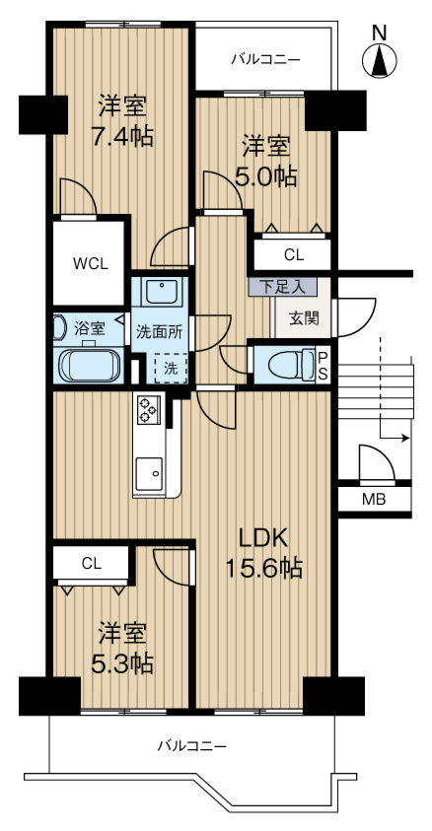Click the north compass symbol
(379, 61)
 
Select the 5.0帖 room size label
(265, 175)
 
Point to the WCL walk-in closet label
(90, 263)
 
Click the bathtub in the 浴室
(90, 365)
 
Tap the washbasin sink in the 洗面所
(163, 291)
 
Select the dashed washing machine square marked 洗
(171, 368)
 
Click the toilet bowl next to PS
(291, 365)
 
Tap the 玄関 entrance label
(304, 318)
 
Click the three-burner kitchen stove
(147, 410)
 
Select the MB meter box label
(374, 499)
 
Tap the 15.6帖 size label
(264, 569)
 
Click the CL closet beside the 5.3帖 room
(91, 563)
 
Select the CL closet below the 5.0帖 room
(293, 255)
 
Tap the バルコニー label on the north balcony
(265, 59)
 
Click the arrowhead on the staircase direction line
(406, 439)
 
